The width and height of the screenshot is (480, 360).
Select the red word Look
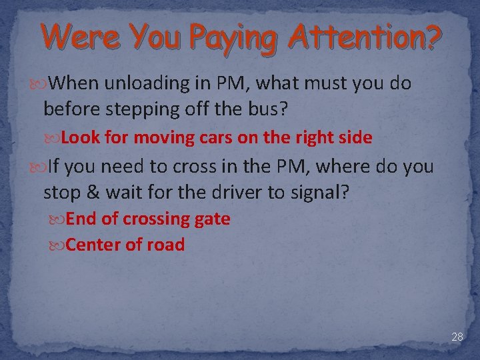pyautogui.click(x=80, y=138)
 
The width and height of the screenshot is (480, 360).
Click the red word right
pyautogui.click(x=302, y=139)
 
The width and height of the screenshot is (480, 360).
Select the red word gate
pyautogui.click(x=211, y=219)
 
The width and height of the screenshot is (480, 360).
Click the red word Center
pyautogui.click(x=93, y=245)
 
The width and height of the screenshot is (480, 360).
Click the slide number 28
pyautogui.click(x=457, y=337)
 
